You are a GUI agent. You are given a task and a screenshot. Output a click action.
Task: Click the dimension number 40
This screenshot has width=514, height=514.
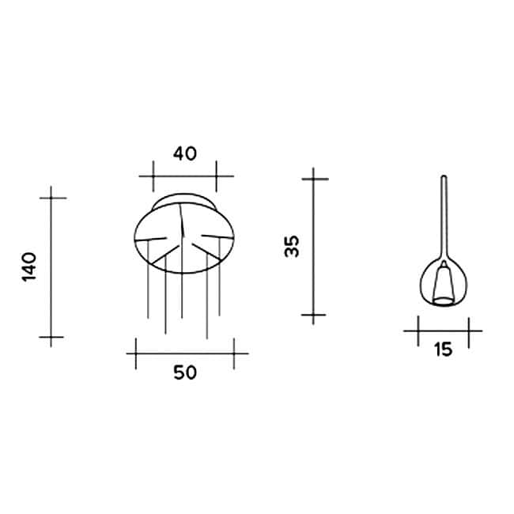click(184, 153)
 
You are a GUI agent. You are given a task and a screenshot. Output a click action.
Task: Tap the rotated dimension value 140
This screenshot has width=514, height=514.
click(29, 268)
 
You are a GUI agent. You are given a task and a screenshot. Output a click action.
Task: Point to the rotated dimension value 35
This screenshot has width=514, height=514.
click(293, 246)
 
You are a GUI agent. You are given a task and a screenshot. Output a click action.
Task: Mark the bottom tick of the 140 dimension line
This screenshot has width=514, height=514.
click(52, 338)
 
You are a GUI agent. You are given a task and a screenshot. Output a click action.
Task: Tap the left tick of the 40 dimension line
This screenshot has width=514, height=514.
click(153, 176)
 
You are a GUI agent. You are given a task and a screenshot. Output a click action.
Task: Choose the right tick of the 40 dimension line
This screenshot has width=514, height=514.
click(215, 176)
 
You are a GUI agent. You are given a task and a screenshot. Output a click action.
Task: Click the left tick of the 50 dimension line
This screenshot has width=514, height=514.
click(136, 353)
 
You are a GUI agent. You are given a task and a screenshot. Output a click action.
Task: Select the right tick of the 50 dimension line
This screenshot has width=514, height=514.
click(233, 353)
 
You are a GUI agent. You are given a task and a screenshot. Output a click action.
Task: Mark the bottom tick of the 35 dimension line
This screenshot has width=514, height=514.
click(314, 315)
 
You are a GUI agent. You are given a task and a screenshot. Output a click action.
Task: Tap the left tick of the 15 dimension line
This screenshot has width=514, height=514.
click(418, 331)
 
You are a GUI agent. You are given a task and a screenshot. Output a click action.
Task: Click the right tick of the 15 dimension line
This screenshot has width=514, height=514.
click(468, 331)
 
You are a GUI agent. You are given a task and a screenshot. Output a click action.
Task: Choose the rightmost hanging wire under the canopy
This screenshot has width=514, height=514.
click(218, 285)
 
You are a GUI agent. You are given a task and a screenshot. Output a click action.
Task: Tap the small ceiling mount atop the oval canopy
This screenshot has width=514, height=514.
click(183, 198)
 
